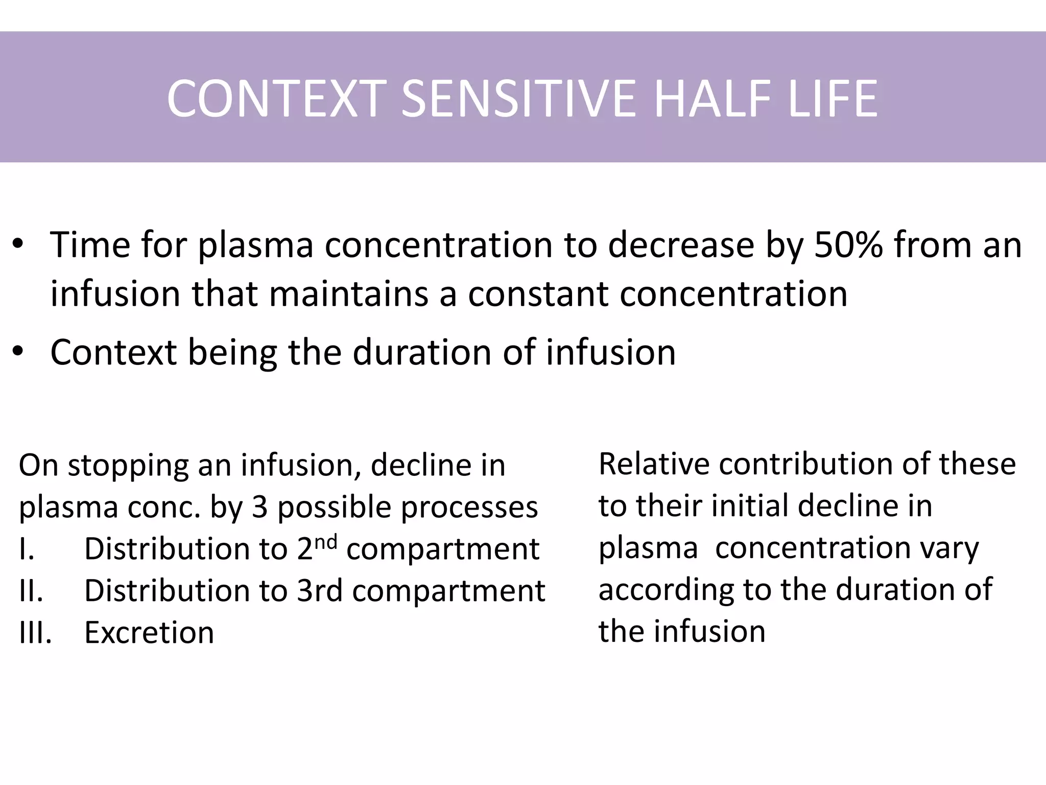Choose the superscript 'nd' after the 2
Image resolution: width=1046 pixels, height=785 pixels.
point(325,542)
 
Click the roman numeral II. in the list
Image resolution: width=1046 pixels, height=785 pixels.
point(31,591)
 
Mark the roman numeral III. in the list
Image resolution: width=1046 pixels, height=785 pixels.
point(35,633)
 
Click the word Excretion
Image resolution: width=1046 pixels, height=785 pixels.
point(149,633)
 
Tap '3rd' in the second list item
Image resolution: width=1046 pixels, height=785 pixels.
point(320,591)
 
